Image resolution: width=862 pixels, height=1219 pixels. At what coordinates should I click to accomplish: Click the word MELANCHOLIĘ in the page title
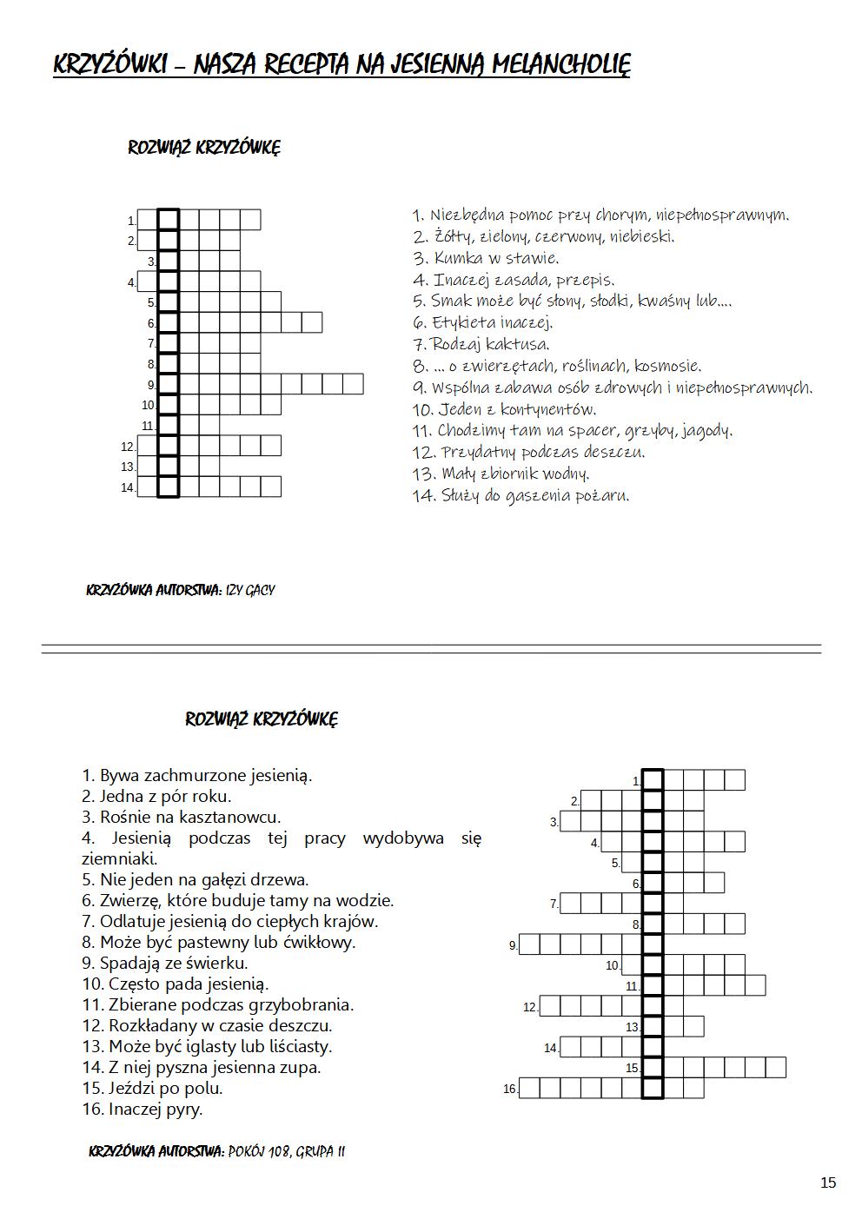560,63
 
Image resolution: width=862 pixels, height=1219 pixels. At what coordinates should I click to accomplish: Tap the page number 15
827,1183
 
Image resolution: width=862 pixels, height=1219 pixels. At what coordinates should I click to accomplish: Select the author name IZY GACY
250,591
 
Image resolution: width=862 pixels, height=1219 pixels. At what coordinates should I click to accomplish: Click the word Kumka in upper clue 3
459,258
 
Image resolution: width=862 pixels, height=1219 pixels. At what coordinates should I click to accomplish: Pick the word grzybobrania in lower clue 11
301,1004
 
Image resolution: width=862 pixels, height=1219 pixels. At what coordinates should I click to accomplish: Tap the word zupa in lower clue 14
301,1067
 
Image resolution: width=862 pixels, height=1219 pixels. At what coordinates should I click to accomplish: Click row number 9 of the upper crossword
150,385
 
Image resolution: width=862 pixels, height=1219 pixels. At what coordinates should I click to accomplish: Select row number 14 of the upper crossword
128,487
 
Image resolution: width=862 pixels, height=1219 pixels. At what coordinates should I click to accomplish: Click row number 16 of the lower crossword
509,1089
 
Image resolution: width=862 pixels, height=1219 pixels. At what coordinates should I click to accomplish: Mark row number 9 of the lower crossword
513,945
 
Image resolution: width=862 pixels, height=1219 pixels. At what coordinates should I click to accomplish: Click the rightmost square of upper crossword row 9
353,384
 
